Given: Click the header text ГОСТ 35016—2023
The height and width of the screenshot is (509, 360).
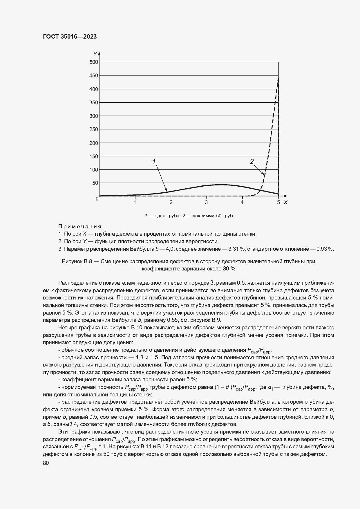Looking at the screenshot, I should point(70,37).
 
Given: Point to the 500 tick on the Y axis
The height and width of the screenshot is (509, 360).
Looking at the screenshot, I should point(94,62).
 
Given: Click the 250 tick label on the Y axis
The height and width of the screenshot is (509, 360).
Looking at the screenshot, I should point(94,129).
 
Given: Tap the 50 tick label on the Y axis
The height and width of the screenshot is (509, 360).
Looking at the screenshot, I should point(95,183).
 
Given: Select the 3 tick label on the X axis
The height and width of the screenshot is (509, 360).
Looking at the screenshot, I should point(206,202).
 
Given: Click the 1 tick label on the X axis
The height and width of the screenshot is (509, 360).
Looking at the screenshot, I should point(135,202).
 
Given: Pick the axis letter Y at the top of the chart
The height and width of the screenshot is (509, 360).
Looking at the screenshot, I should point(95,54).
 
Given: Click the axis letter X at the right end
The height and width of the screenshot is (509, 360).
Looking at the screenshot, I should point(285,202).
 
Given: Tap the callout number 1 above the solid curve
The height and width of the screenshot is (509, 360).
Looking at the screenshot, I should point(154,161).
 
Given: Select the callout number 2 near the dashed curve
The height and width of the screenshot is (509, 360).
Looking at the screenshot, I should point(252,161).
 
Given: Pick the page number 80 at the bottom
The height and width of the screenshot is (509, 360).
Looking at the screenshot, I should point(46,463).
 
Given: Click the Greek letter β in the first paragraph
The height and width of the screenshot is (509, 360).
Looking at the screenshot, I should point(212,283).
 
